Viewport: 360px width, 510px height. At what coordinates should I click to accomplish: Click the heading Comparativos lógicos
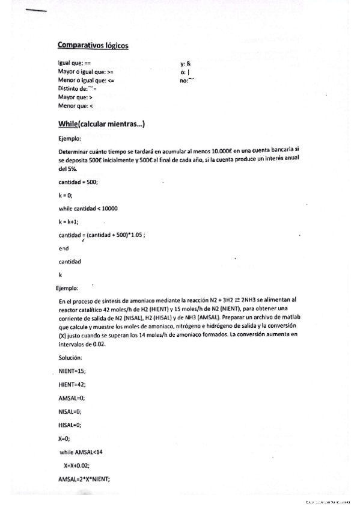click(93, 45)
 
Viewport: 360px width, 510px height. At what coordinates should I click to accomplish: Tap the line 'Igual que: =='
click(75, 63)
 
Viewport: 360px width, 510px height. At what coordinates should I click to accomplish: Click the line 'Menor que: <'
click(76, 105)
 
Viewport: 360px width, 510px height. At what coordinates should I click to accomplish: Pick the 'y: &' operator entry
click(185, 63)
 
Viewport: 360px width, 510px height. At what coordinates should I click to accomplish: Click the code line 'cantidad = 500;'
click(78, 182)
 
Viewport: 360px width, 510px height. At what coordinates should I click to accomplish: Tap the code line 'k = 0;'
click(66, 195)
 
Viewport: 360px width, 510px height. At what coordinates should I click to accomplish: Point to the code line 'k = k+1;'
click(69, 221)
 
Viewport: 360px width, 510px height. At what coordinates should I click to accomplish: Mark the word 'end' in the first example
click(64, 248)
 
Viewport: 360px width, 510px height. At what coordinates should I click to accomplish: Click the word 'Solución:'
click(71, 357)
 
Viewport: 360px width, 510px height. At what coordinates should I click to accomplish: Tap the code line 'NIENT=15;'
click(72, 371)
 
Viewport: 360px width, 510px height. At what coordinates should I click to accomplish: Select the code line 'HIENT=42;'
click(72, 384)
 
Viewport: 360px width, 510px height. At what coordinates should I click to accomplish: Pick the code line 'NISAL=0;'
click(70, 411)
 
